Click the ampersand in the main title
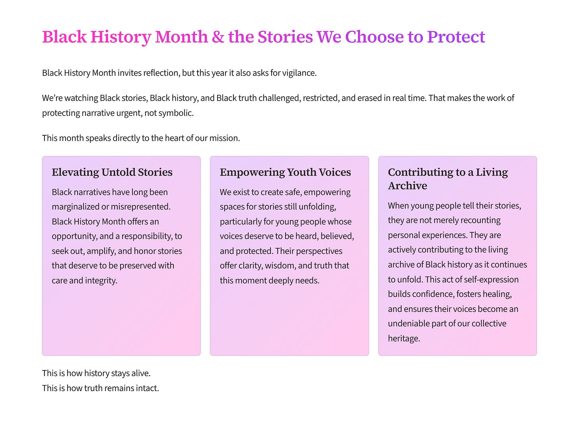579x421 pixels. [x=218, y=37]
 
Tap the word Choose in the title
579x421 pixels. [x=374, y=37]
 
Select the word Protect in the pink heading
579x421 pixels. [x=456, y=37]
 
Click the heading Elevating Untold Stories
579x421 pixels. [x=112, y=172]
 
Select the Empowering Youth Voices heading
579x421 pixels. [x=285, y=172]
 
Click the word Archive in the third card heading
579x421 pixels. [x=407, y=186]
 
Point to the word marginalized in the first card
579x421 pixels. [x=76, y=207]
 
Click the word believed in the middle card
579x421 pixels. [x=337, y=236]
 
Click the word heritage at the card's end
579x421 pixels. [x=404, y=339]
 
